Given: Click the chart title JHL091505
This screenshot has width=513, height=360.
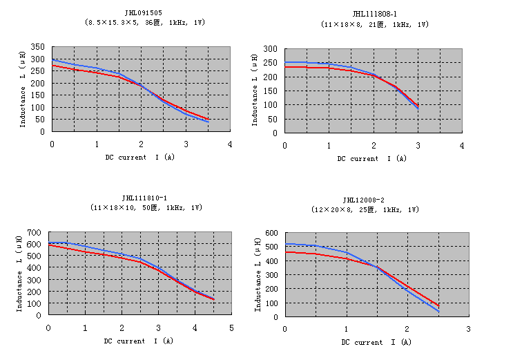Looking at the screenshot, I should pyautogui.click(x=144, y=12).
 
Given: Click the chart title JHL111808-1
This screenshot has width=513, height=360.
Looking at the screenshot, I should pyautogui.click(x=375, y=14).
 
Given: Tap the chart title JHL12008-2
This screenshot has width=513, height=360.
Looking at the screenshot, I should pyautogui.click(x=375, y=199).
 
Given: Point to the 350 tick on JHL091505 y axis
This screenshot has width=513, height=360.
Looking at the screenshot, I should pyautogui.click(x=38, y=47).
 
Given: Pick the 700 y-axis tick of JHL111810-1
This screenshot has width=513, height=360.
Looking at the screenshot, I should pyautogui.click(x=34, y=233).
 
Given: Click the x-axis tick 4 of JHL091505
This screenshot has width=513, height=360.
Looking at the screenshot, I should pyautogui.click(x=230, y=144).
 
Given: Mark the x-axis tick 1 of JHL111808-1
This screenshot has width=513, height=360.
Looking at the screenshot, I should pyautogui.click(x=329, y=145).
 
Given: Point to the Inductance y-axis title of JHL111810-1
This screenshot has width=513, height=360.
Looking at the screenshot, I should pyautogui.click(x=20, y=274).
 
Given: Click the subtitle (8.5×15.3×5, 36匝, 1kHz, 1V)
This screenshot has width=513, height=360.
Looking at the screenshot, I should pyautogui.click(x=144, y=23).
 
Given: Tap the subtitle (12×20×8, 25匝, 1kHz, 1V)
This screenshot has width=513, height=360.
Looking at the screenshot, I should pyautogui.click(x=375, y=209).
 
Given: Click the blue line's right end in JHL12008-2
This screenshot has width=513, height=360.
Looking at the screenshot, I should pyautogui.click(x=438, y=311).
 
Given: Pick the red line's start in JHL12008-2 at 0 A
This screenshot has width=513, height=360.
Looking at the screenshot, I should pyautogui.click(x=285, y=252).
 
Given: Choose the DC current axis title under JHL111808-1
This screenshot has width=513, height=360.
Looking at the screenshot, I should pyautogui.click(x=372, y=158).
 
